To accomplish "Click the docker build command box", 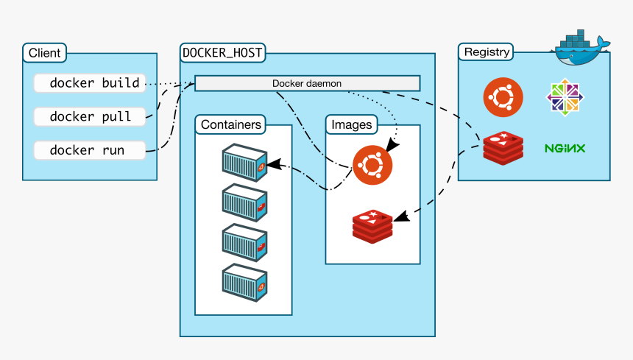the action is [x=90, y=83].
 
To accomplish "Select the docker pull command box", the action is [x=90, y=116].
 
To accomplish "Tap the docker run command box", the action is [x=90, y=150].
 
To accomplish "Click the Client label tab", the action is [x=44, y=53].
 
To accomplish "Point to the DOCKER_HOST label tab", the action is [x=222, y=53].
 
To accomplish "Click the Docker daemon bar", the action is [x=307, y=83].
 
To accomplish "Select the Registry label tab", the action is [x=486, y=52].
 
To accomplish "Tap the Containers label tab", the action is [x=230, y=124].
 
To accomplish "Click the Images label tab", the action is [x=352, y=124].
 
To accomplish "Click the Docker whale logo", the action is [x=581, y=48].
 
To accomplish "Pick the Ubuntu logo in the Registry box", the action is [x=503, y=97].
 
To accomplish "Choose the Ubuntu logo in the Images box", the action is [x=372, y=165].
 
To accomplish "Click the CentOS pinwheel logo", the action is [x=565, y=97].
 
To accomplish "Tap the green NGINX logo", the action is [x=565, y=149].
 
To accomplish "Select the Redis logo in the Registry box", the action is [x=503, y=148].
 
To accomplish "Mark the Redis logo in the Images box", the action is [x=372, y=227].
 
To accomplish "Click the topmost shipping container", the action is [x=244, y=163].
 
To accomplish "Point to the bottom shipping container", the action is [x=244, y=283].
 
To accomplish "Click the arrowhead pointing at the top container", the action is [x=274, y=164].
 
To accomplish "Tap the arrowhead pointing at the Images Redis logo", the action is [x=402, y=216].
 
